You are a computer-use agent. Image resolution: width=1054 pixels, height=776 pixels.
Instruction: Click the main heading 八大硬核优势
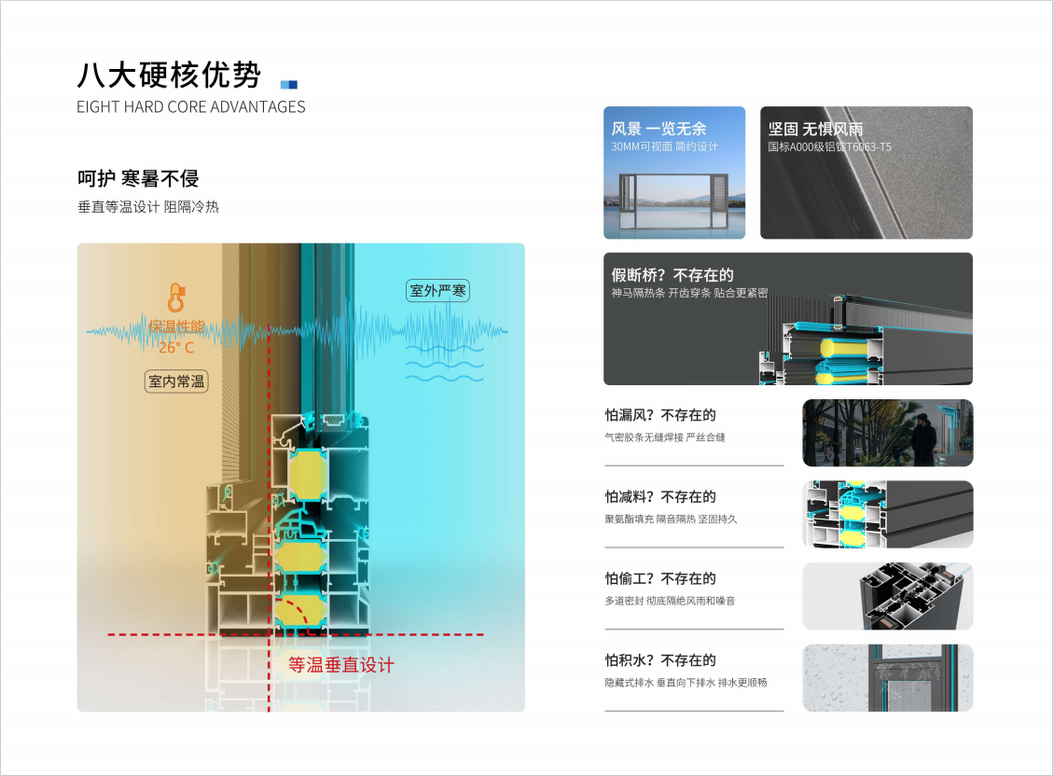tap(169, 76)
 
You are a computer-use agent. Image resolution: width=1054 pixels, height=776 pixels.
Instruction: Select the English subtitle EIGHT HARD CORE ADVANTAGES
tap(191, 107)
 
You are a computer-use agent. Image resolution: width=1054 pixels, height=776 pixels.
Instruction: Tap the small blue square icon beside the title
tap(289, 84)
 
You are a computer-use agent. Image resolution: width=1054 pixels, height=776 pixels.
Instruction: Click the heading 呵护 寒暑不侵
tap(138, 178)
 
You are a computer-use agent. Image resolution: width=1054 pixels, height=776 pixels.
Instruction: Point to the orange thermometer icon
tap(175, 298)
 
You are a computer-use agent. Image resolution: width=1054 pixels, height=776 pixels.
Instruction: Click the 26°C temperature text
tap(175, 348)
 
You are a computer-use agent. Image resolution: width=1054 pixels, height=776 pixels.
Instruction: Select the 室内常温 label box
tap(176, 381)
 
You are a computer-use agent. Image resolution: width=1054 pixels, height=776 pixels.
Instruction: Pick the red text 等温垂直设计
tap(341, 665)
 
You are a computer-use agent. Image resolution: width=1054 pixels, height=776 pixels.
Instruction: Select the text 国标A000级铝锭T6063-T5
tap(829, 147)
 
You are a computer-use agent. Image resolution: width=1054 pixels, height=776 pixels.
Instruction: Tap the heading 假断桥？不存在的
tap(673, 275)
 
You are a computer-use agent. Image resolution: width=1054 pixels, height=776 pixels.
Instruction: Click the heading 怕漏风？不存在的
tap(660, 415)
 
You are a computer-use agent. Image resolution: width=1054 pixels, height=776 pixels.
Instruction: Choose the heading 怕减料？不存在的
tap(660, 497)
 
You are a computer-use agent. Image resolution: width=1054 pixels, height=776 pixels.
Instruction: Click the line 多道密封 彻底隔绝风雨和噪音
tap(669, 601)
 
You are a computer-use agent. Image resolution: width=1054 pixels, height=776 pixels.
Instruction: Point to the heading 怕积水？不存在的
tap(660, 660)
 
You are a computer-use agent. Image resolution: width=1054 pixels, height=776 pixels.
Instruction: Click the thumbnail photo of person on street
tap(887, 433)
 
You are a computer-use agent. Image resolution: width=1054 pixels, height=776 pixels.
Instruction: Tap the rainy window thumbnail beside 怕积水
tap(887, 678)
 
